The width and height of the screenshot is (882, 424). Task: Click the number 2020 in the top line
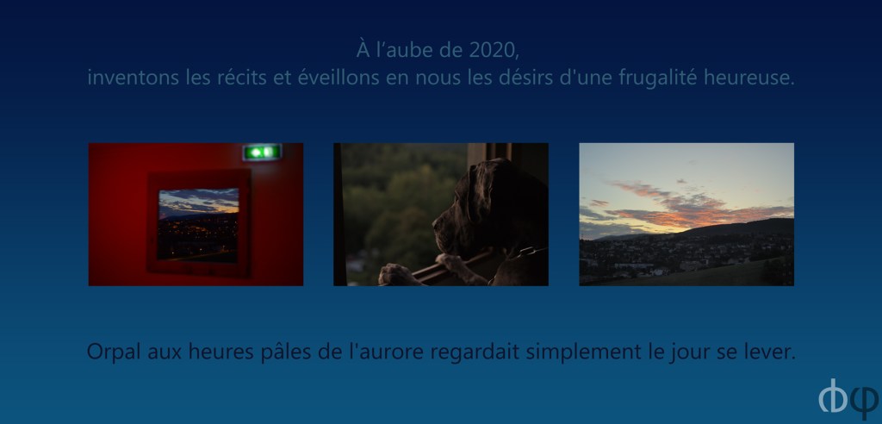[x=493, y=50]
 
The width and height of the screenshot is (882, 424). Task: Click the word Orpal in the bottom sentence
[x=115, y=352]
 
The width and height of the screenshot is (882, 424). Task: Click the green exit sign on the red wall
[x=262, y=152]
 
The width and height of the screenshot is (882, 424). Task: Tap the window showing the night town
[x=198, y=225]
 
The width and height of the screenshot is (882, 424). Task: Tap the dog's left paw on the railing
[x=400, y=274]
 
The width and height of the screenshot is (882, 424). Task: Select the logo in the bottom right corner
[x=848, y=399]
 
